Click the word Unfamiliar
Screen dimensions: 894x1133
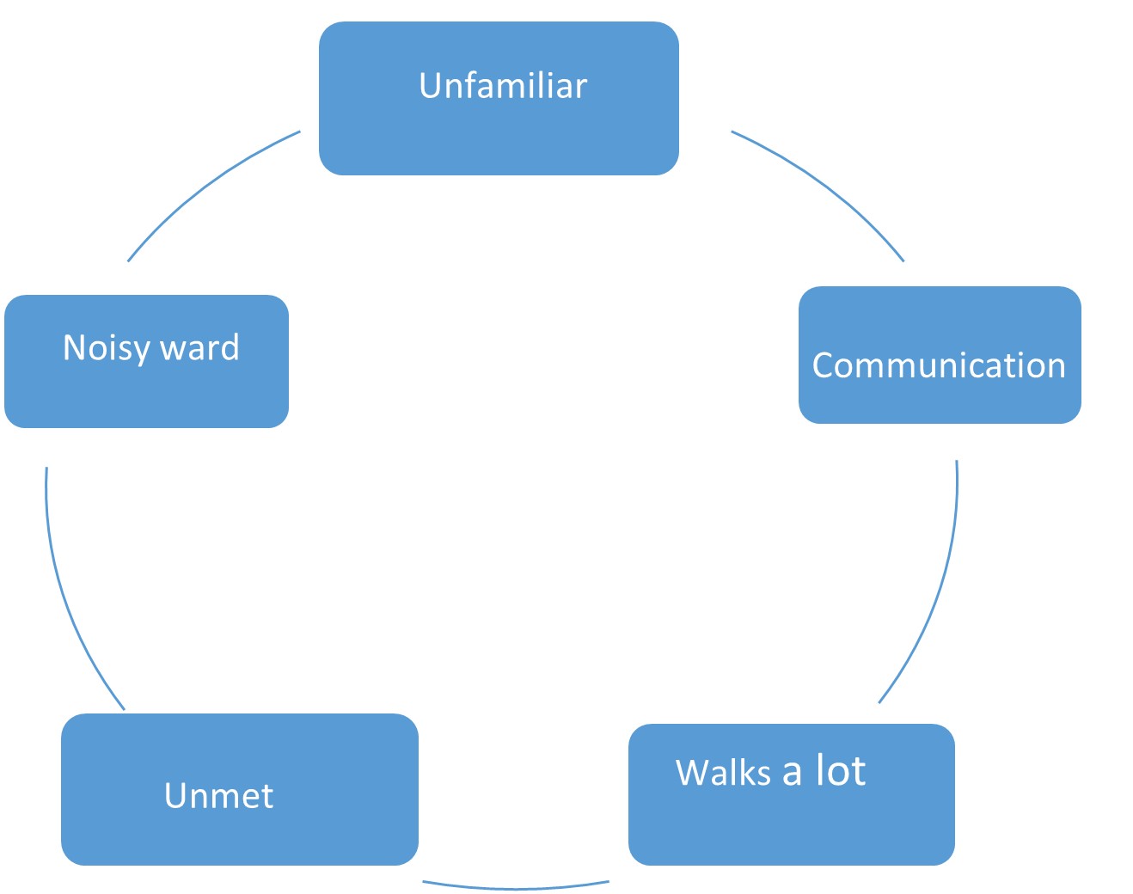coord(503,86)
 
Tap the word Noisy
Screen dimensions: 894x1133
coord(106,348)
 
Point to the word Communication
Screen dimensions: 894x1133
coord(939,365)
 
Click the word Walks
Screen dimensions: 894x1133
coord(723,772)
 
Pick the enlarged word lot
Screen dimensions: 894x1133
coord(841,769)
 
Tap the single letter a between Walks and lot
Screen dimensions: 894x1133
coord(792,773)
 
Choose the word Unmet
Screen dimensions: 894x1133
coord(218,795)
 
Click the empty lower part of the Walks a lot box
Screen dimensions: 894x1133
coord(791,830)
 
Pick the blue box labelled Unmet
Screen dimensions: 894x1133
coord(239,834)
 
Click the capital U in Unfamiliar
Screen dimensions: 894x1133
coord(429,86)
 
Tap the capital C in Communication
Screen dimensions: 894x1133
coord(823,365)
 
